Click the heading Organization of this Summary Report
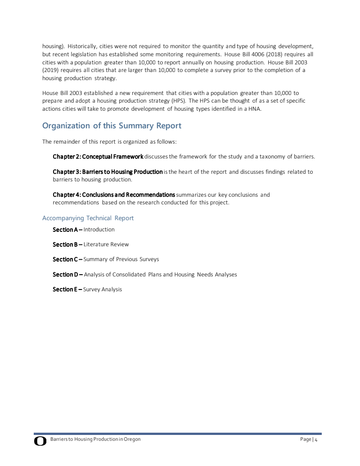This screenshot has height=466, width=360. [x=112, y=126]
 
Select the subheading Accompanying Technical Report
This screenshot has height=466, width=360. [x=88, y=218]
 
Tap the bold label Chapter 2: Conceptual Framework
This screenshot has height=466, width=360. [x=98, y=157]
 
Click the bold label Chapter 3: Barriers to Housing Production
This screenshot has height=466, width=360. [x=108, y=172]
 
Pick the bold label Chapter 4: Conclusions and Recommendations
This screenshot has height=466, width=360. [x=114, y=195]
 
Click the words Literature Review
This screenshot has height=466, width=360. [x=106, y=244]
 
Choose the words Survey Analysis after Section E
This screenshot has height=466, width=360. [x=103, y=289]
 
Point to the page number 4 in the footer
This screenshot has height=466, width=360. [x=316, y=439]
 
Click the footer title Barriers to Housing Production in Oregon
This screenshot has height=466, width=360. [x=95, y=439]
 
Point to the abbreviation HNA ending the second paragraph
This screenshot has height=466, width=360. [x=255, y=109]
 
